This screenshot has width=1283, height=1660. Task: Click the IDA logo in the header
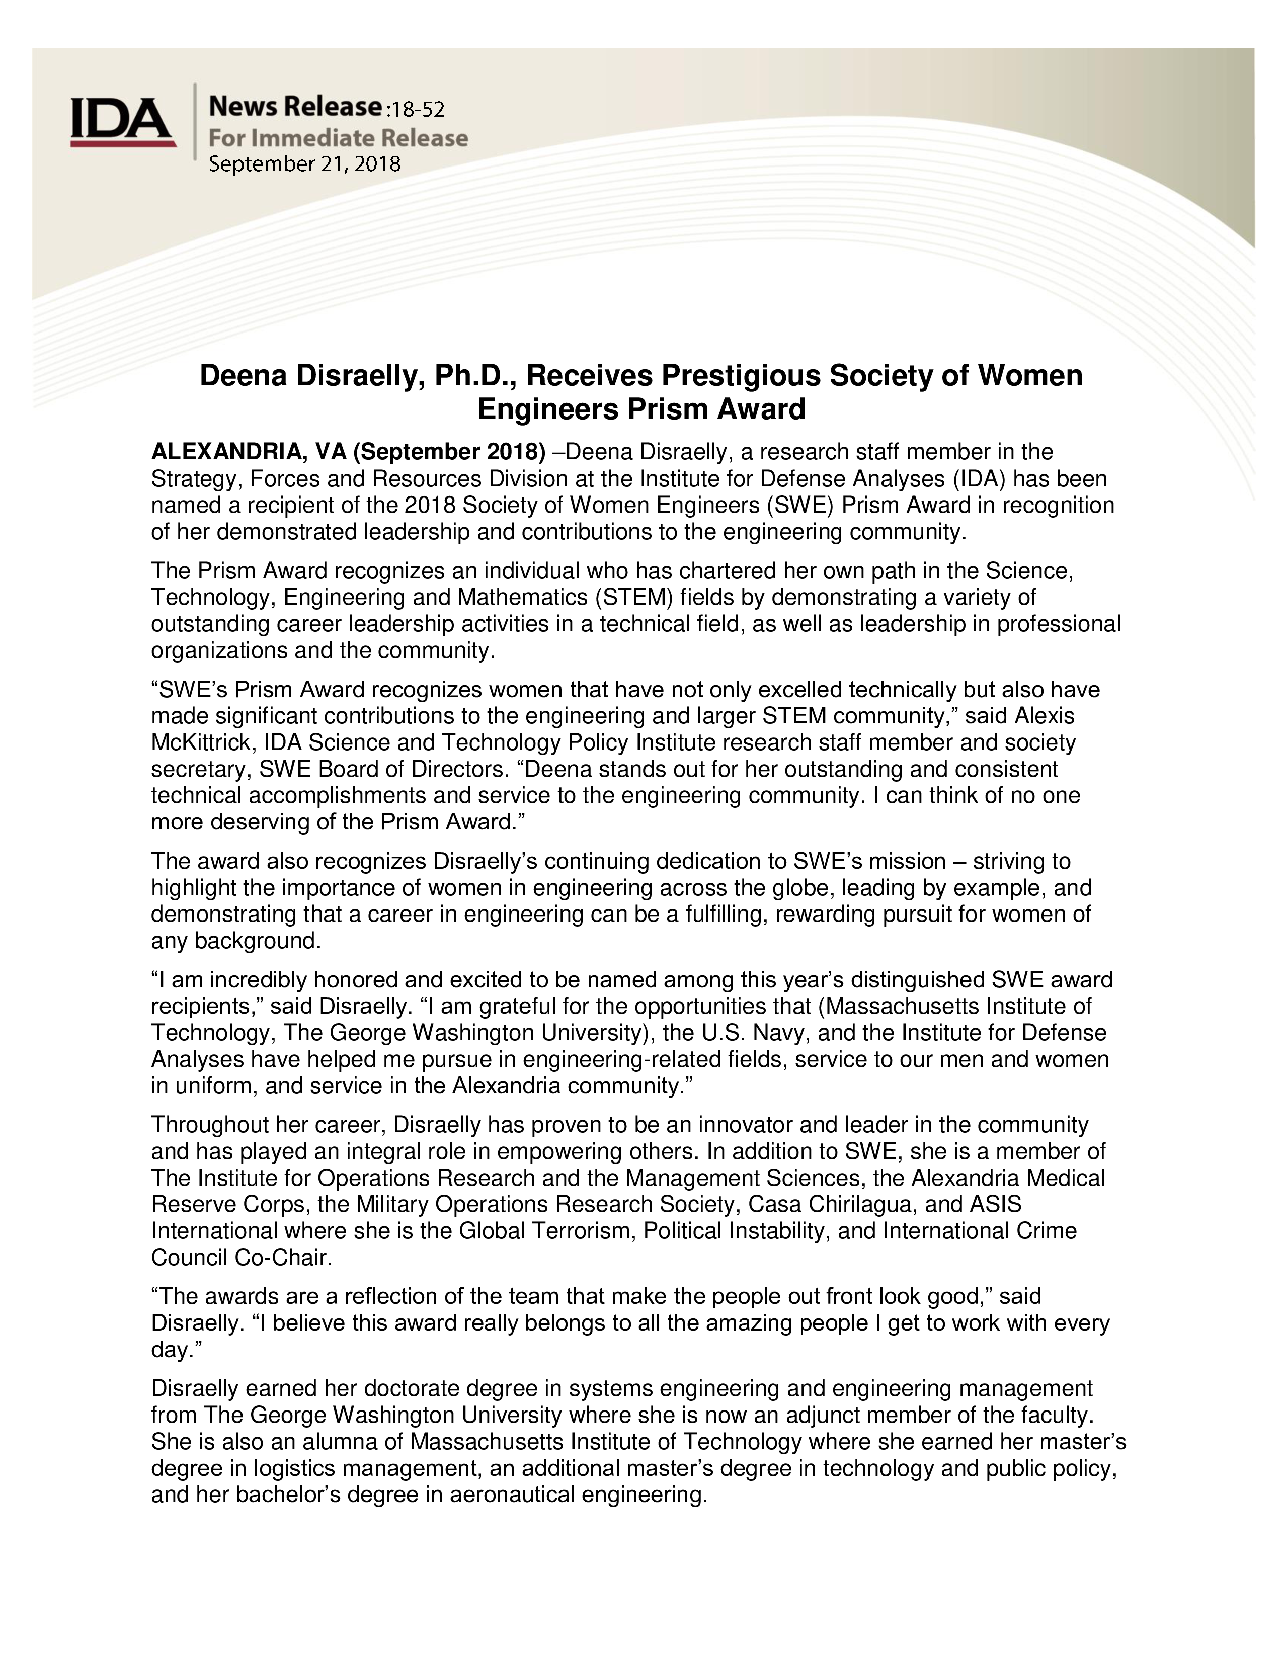point(122,122)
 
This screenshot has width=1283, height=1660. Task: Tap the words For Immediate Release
point(338,138)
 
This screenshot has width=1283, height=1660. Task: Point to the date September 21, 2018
point(304,164)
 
